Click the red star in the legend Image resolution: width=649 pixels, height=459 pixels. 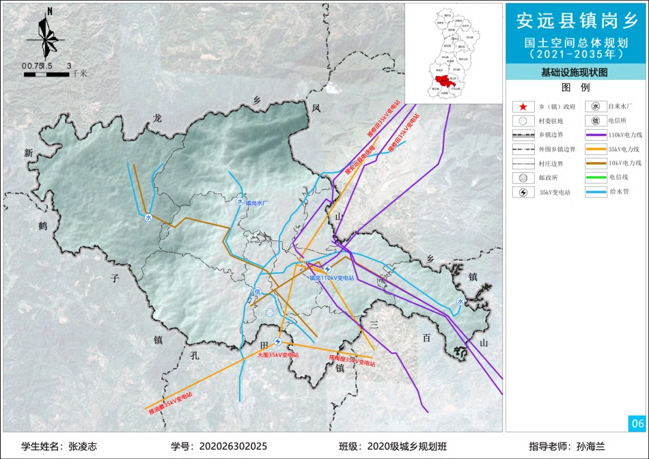(523, 107)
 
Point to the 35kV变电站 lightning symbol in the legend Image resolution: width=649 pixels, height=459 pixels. (523, 193)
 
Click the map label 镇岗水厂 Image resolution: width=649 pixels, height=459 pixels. (259, 203)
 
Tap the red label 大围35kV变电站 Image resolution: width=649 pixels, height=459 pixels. (278, 356)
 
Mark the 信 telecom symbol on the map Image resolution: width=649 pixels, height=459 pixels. (258, 293)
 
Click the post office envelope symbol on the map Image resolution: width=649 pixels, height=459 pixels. (271, 312)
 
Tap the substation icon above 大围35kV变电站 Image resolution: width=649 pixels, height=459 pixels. (278, 342)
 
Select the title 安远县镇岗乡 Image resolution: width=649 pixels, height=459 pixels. (577, 21)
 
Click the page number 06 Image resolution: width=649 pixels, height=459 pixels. (637, 423)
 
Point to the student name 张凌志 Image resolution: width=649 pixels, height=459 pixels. (83, 446)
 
